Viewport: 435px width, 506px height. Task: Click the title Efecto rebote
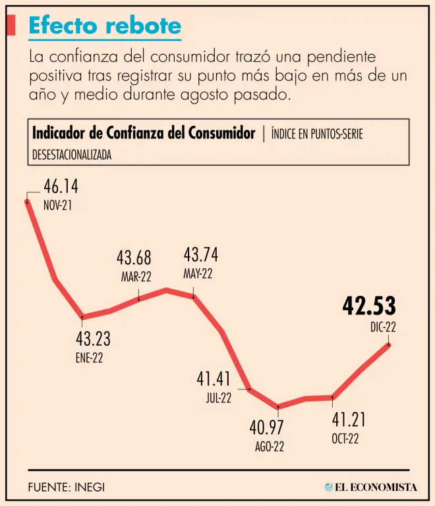click(105, 26)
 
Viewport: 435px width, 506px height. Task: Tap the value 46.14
click(61, 186)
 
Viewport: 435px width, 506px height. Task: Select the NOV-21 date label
click(57, 205)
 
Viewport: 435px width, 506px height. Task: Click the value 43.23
click(92, 339)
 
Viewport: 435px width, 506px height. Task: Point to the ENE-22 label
click(90, 358)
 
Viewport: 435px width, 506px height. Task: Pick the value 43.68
click(134, 258)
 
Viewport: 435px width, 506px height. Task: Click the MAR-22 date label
click(136, 277)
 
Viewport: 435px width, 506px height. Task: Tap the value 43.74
click(201, 255)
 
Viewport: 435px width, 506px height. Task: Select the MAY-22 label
click(198, 274)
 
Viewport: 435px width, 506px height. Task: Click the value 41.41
click(214, 379)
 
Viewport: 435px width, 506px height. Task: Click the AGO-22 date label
click(270, 447)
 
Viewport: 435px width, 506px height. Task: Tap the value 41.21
click(349, 420)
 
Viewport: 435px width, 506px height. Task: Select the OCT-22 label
click(345, 439)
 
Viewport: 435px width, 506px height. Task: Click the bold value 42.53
click(369, 306)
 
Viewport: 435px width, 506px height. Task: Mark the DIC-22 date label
click(383, 327)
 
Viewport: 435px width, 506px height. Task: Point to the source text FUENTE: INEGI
click(67, 488)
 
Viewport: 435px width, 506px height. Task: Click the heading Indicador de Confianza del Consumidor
click(144, 134)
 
